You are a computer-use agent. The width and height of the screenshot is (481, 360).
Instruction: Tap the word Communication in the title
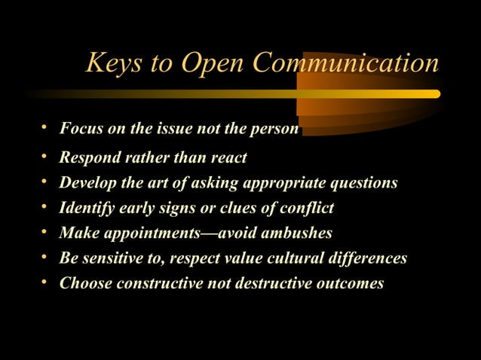pos(345,63)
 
